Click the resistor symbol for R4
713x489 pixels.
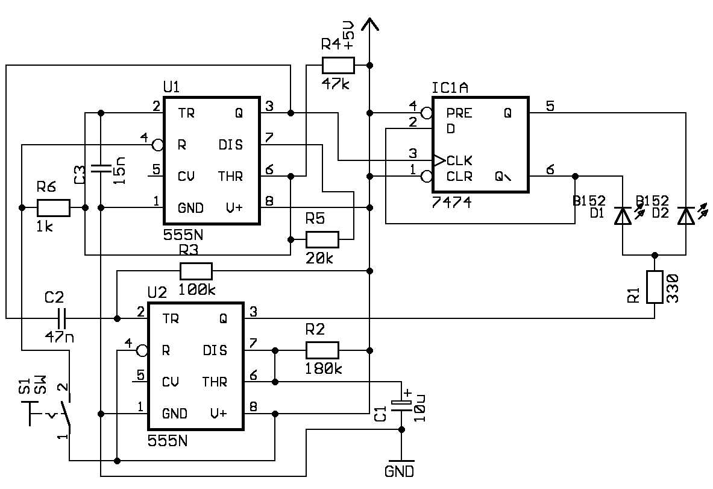pyautogui.click(x=338, y=66)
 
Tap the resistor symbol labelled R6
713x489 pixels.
pyautogui.click(x=54, y=208)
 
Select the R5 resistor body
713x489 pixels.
pyautogui.click(x=322, y=239)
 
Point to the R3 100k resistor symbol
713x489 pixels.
pyautogui.click(x=196, y=271)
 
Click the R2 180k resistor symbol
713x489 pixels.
pyautogui.click(x=322, y=350)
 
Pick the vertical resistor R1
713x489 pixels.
pyautogui.click(x=655, y=287)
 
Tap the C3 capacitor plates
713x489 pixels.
pyautogui.click(x=101, y=168)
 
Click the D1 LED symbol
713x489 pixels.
pyautogui.click(x=623, y=216)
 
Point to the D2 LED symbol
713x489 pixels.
pyautogui.click(x=686, y=216)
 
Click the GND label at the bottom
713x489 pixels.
pyautogui.click(x=399, y=472)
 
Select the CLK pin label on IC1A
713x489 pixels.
pyautogui.click(x=459, y=160)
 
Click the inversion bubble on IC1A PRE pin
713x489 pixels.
pyautogui.click(x=427, y=113)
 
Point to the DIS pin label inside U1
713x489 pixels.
pyautogui.click(x=231, y=145)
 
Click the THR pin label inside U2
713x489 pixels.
pyautogui.click(x=215, y=382)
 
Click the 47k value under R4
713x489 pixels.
pyautogui.click(x=336, y=84)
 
